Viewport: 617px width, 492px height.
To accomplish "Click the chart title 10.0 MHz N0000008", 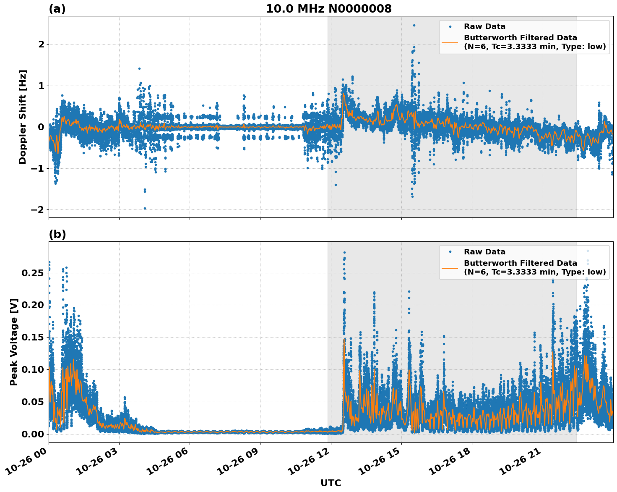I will (x=328, y=9).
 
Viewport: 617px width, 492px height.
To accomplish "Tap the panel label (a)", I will (x=57, y=9).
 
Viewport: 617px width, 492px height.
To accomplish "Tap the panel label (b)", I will (x=57, y=234).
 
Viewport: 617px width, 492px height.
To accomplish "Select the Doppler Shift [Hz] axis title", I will (x=23, y=117).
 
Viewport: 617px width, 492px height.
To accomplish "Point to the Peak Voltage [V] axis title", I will (x=14, y=342).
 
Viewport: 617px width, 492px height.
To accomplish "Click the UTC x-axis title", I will (x=331, y=483).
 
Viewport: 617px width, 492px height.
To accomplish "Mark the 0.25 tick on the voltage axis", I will (x=33, y=273).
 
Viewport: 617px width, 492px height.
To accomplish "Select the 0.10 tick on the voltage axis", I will (x=33, y=369).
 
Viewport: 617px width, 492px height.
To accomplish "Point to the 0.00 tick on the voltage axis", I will (x=33, y=434).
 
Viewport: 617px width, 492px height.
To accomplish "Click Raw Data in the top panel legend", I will (x=484, y=26).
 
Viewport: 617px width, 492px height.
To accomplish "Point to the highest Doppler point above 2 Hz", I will (x=414, y=25).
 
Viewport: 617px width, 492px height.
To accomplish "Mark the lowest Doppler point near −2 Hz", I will (x=145, y=208).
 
